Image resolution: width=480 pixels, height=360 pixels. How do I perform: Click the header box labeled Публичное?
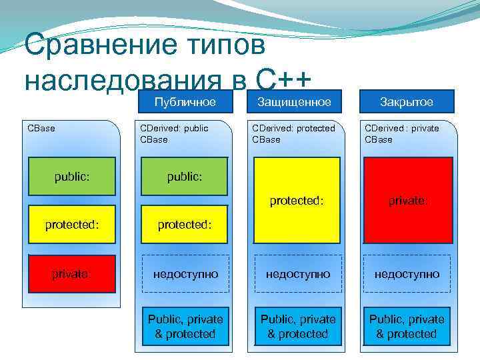click(x=185, y=102)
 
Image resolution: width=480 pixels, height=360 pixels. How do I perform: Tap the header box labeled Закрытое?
click(x=407, y=102)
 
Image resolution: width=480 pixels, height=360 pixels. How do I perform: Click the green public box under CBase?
click(x=72, y=177)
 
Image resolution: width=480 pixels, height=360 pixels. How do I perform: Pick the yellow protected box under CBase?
click(x=72, y=225)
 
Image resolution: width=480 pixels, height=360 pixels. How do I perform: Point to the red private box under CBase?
click(x=72, y=274)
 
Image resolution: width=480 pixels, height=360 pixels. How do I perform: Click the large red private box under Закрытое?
click(x=407, y=199)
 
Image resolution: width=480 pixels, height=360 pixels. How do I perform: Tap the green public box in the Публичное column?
click(x=185, y=177)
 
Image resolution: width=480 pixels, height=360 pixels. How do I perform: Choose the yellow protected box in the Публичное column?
click(x=185, y=225)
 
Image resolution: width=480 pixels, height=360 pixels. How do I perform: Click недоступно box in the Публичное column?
click(x=185, y=274)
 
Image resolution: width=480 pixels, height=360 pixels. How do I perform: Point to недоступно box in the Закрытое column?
click(x=407, y=274)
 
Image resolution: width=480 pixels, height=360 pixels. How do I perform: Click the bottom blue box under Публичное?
click(x=185, y=327)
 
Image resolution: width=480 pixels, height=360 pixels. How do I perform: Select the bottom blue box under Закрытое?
click(x=407, y=327)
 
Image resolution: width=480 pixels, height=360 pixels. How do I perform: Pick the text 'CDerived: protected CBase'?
click(x=293, y=134)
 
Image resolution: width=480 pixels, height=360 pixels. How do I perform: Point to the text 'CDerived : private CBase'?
click(x=402, y=134)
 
